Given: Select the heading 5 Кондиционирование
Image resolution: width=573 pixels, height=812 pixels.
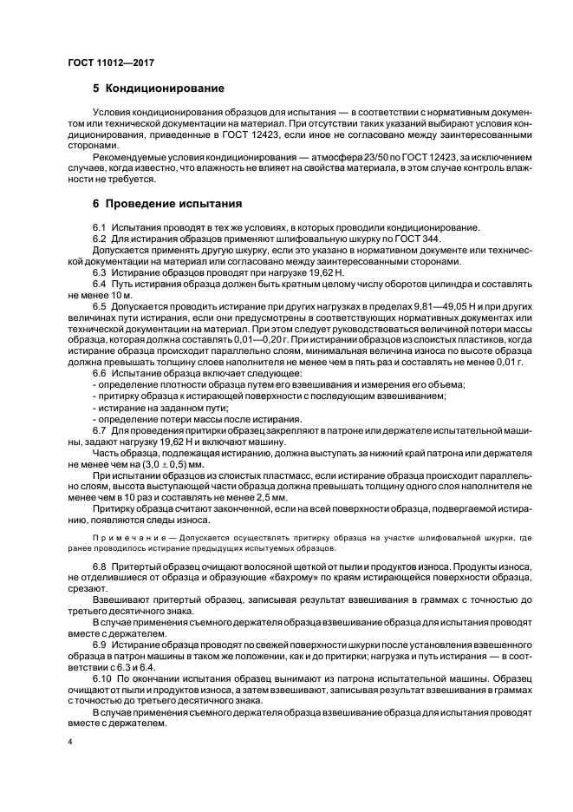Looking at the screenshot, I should coord(159,88).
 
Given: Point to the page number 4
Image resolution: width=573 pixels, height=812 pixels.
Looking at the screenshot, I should coord(69,743).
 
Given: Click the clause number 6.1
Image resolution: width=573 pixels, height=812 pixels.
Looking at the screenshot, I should coord(99,226).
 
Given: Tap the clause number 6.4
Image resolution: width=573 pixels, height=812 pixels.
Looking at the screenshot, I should coord(99,284).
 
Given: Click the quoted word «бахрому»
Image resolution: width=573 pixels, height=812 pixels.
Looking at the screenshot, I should coord(262,577).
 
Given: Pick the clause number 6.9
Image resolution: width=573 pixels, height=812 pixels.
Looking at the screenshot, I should coord(99,645).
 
